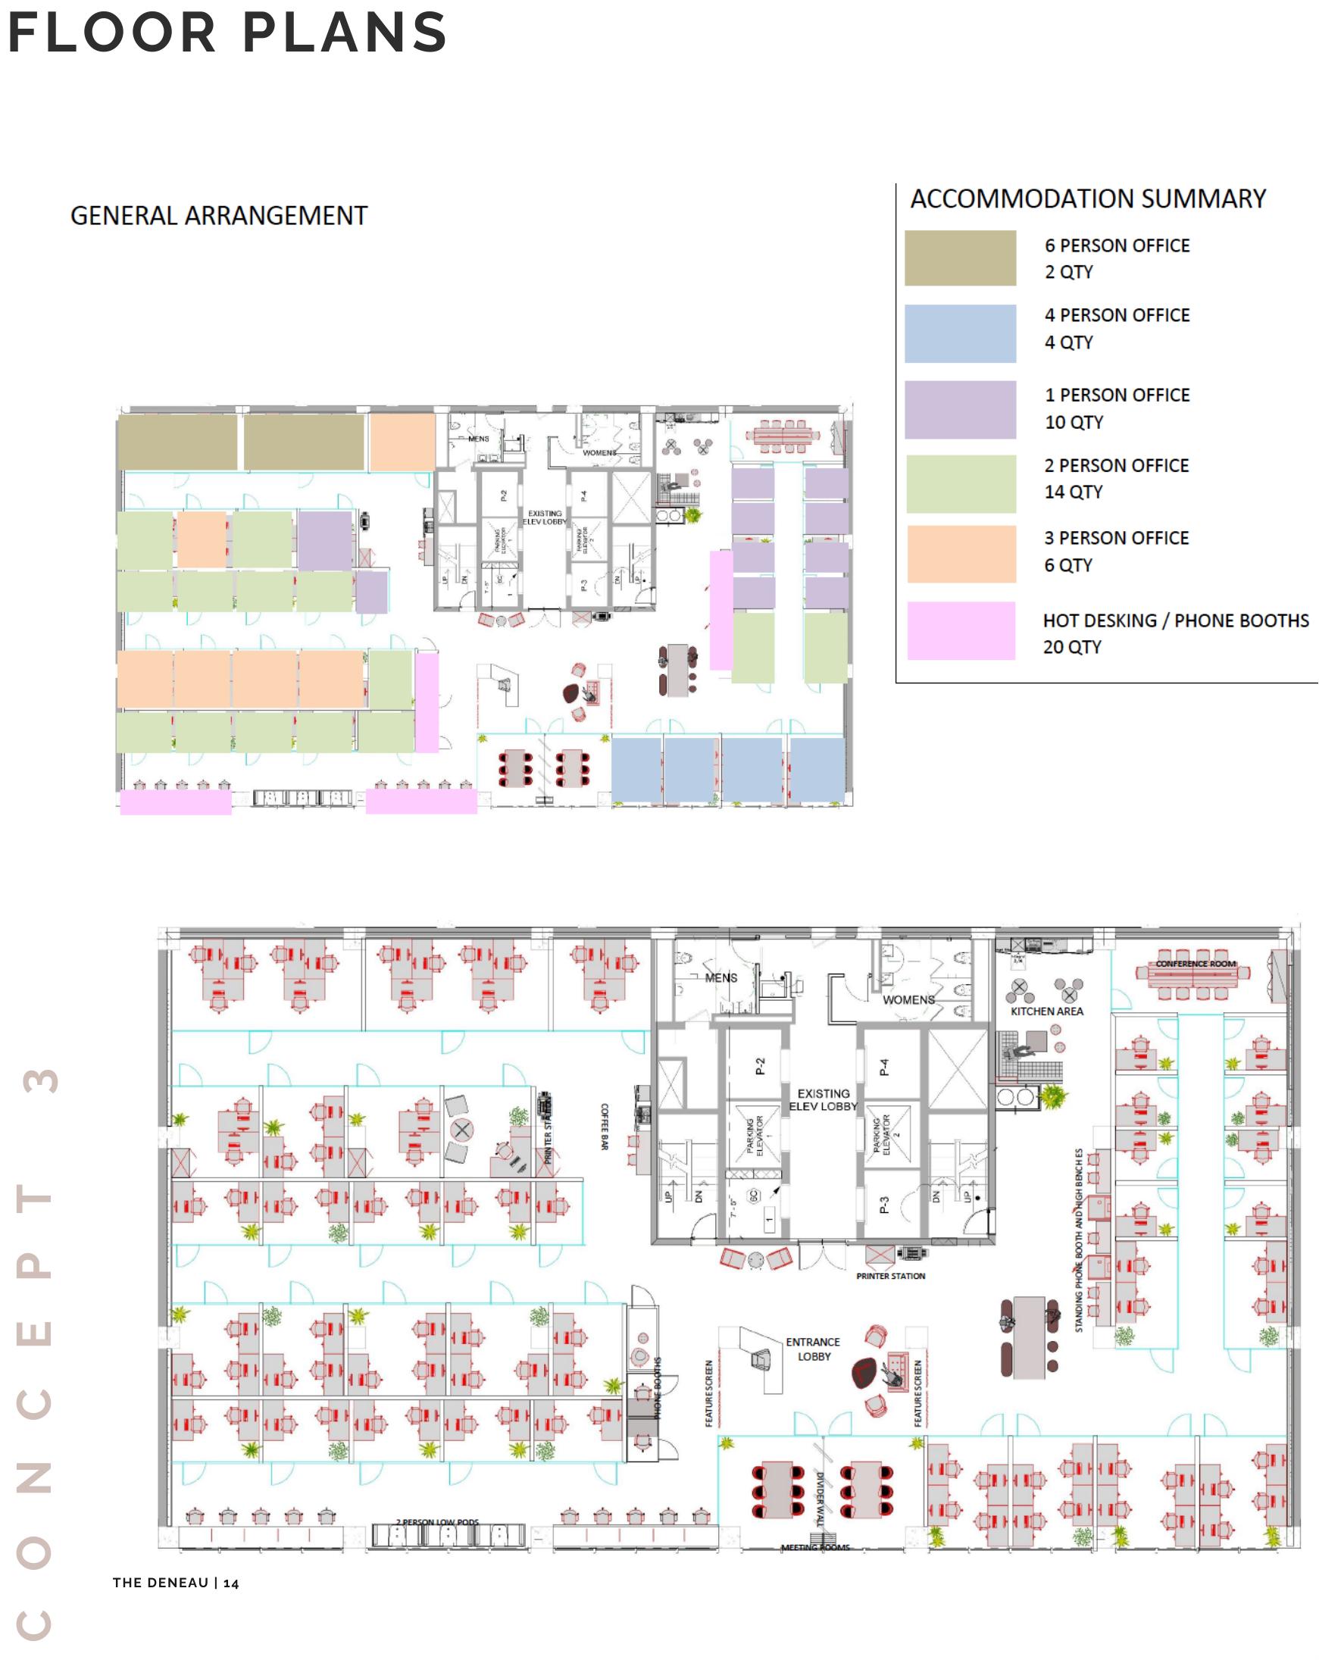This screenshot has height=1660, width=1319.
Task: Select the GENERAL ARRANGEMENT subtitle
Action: point(219,216)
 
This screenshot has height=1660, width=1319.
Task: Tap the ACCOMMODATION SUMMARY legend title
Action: point(1087,199)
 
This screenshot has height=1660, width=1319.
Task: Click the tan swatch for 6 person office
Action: point(959,258)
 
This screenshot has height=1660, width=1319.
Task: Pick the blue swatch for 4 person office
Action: point(959,333)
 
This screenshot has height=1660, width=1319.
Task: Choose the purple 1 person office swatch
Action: point(959,409)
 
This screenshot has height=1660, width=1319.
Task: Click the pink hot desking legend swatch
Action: point(960,630)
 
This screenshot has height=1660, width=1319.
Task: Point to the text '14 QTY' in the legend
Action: point(1073,491)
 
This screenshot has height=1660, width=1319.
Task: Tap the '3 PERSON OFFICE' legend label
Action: point(1116,537)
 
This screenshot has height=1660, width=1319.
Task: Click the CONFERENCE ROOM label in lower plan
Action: point(1195,963)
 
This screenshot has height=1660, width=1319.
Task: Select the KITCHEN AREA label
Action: point(1046,1011)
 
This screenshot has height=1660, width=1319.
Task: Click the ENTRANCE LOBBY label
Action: point(813,1349)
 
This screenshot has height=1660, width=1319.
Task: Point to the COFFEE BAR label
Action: point(605,1127)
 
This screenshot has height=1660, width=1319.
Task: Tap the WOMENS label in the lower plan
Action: point(908,999)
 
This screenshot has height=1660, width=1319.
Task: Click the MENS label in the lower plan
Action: point(720,978)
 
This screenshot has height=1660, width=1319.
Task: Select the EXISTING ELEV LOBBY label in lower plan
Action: point(823,1099)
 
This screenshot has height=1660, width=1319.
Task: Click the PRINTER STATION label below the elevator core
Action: point(890,1276)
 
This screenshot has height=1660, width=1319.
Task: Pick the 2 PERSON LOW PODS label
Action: point(437,1522)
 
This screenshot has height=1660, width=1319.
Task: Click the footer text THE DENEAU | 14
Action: point(176,1583)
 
